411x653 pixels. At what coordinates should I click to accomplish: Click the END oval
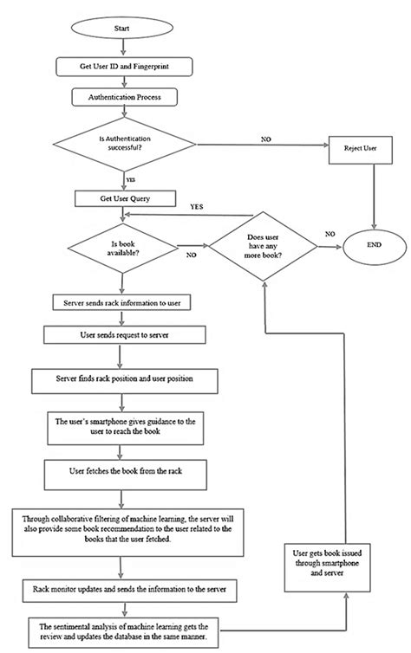373,246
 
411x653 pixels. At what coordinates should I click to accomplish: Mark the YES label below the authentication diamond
130,180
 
